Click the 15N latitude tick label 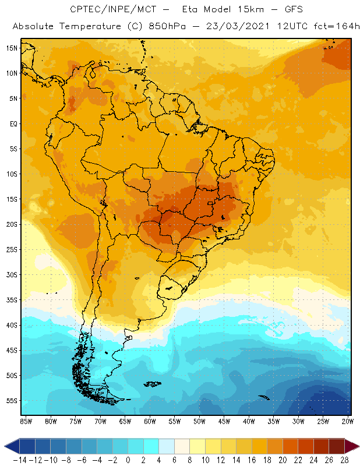11,48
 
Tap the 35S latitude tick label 11,300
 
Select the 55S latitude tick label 11,401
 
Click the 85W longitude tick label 26,421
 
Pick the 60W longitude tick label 150,421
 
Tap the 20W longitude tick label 347,421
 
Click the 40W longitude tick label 249,421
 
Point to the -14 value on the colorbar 19,460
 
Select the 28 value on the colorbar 344,460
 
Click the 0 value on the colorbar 128,460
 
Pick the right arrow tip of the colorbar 357,446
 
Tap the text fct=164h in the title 335,27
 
